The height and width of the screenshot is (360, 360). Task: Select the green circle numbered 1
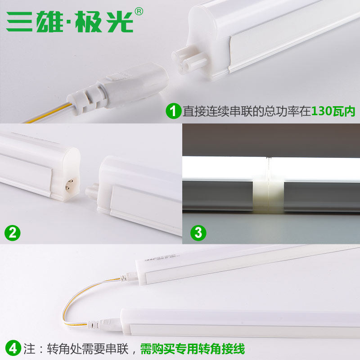(173, 111)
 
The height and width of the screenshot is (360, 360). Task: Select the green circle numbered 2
(13, 233)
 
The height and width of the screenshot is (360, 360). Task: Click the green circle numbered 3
(198, 233)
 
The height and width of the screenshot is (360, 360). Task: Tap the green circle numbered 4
(13, 348)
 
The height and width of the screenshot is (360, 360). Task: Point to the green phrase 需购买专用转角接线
(192, 348)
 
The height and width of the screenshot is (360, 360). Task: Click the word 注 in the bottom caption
(31, 348)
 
